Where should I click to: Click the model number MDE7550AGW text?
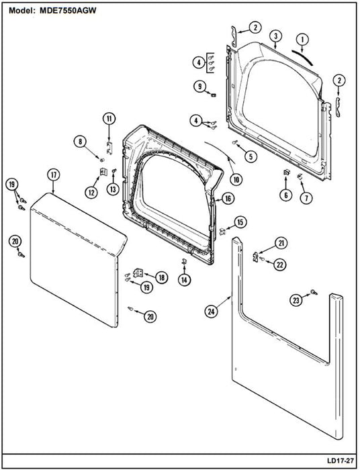click(68, 11)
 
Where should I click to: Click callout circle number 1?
click(302, 39)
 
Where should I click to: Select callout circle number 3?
click(276, 36)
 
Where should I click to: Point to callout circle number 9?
click(200, 87)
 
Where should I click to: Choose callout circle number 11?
click(109, 119)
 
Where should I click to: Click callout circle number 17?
click(54, 175)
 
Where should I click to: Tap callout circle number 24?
click(212, 312)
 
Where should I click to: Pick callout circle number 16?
click(228, 199)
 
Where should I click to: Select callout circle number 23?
click(296, 300)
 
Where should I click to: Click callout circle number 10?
click(236, 179)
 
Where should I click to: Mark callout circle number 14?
click(184, 280)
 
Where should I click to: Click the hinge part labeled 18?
click(138, 273)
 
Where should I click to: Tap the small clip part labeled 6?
click(286, 173)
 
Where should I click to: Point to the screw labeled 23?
click(314, 291)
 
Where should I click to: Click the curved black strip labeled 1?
click(303, 57)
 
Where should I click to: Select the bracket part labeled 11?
click(109, 148)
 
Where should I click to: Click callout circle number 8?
click(81, 142)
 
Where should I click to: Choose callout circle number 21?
click(281, 243)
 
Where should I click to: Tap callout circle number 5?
click(251, 156)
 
